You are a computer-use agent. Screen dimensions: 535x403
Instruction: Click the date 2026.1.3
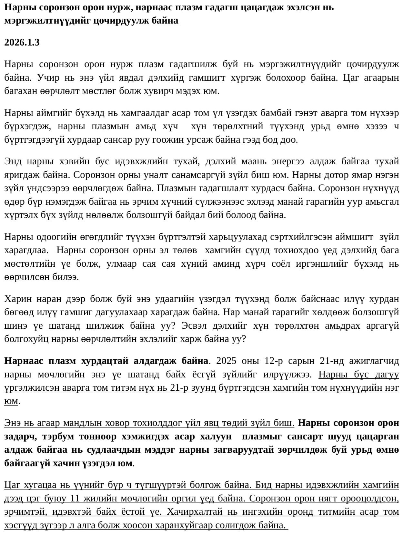(x=22, y=42)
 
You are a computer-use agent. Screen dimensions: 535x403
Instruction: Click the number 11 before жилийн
(x=75, y=499)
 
